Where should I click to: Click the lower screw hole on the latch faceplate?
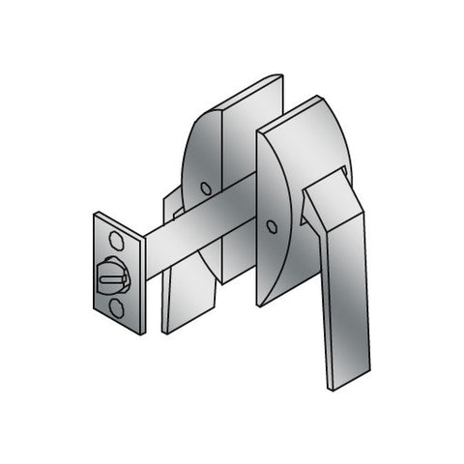click(117, 306)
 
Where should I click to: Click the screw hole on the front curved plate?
click(272, 228)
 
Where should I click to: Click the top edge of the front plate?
click(290, 109)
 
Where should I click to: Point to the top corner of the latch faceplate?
click(96, 215)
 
